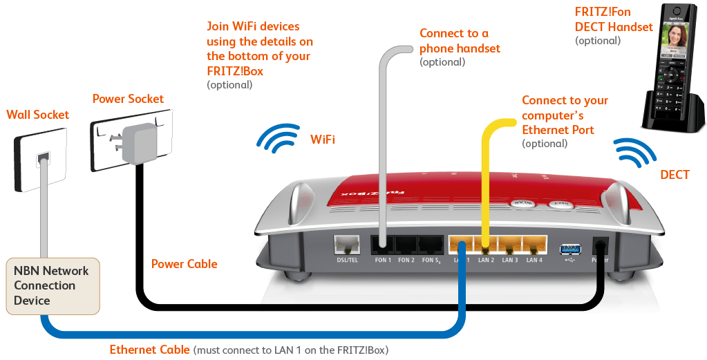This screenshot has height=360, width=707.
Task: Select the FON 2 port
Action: tap(406, 245)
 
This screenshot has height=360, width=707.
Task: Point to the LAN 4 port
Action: tap(534, 245)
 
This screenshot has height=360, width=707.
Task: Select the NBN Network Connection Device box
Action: tap(53, 285)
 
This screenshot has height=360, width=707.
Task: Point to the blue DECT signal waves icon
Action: tap(636, 153)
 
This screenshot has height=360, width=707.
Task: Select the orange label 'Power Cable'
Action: tap(184, 264)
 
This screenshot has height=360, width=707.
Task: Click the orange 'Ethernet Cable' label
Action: tap(149, 350)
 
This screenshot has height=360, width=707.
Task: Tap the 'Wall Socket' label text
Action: tap(38, 114)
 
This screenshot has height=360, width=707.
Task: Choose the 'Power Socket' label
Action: tap(129, 99)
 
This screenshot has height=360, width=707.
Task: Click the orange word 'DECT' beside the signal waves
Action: tap(675, 175)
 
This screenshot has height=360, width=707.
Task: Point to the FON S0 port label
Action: tap(431, 260)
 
